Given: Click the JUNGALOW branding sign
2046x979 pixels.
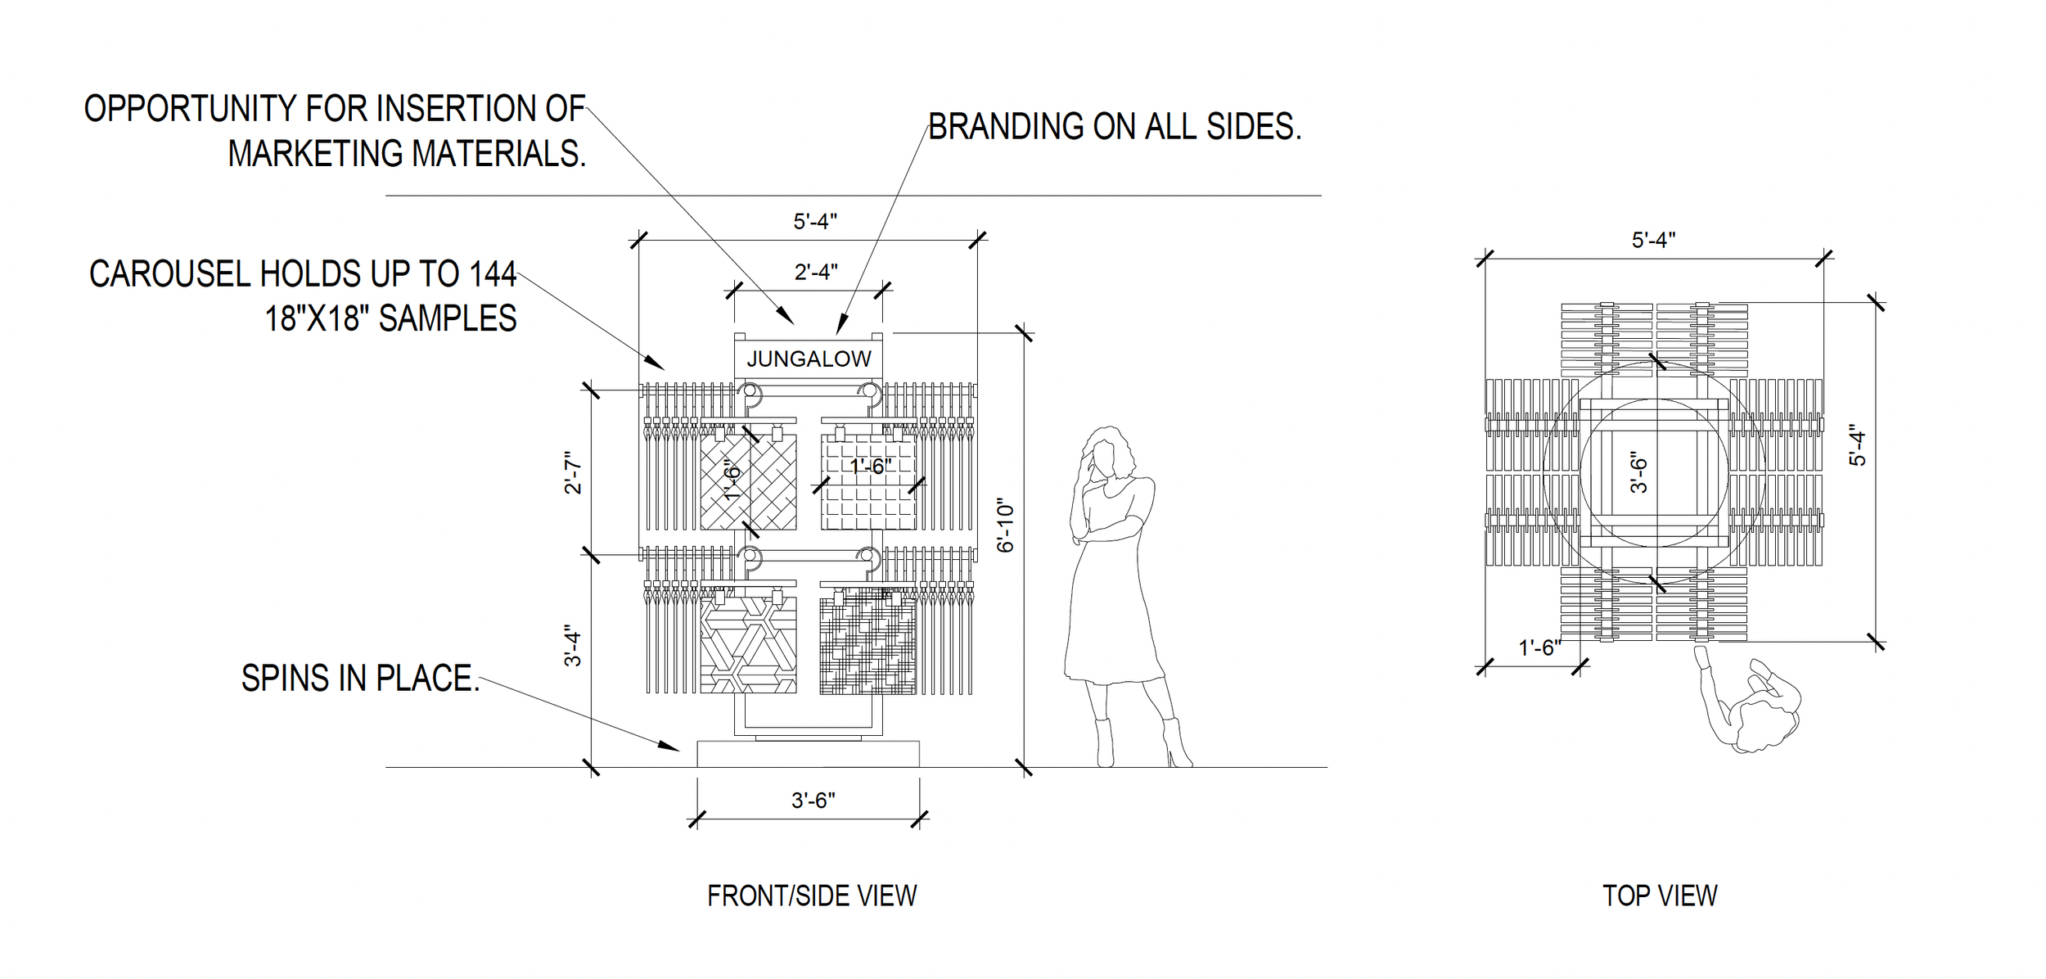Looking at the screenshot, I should (x=808, y=359).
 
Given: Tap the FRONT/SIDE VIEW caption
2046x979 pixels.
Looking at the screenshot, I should (x=811, y=896).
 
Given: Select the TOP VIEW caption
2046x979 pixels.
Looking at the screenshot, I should (x=1659, y=895).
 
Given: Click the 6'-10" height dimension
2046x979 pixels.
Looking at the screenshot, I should (x=1006, y=527).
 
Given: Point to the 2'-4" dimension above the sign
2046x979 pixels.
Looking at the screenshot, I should (x=815, y=272).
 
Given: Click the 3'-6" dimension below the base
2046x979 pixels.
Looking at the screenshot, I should (x=813, y=800).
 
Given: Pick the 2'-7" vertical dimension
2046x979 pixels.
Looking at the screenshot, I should (x=574, y=473).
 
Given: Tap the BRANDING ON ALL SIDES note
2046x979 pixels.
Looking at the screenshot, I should (x=1114, y=127).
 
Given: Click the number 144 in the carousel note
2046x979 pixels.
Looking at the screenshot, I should (x=493, y=274).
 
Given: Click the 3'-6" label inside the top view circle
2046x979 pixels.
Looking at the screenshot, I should (x=1638, y=473).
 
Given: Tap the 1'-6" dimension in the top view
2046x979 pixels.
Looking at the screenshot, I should (x=1539, y=648).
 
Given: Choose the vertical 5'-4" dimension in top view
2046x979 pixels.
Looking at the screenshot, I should (x=1859, y=449).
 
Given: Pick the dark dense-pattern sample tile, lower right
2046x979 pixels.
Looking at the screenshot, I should (x=868, y=647).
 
